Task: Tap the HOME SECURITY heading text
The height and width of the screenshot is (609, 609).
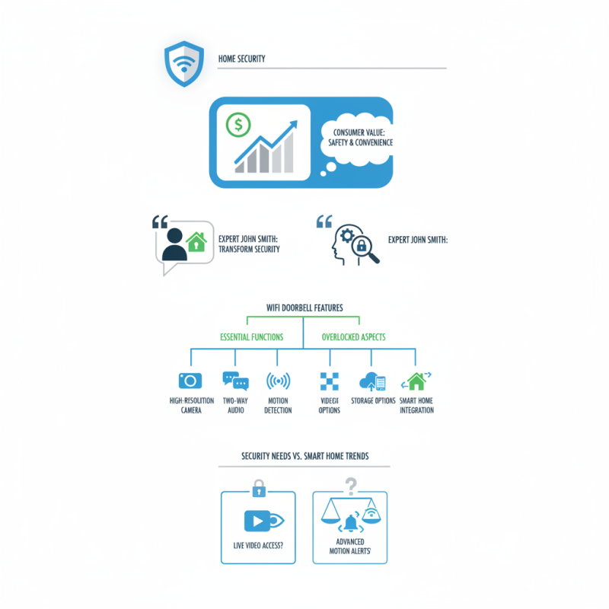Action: pos(241,59)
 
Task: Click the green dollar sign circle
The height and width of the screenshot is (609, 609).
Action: pos(238,125)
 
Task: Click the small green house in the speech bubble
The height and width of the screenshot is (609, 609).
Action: pos(196,241)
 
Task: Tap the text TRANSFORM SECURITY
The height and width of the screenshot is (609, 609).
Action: pos(249,249)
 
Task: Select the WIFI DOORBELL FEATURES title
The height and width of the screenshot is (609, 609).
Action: pos(304,308)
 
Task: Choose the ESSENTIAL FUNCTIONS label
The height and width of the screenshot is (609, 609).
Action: pos(251,336)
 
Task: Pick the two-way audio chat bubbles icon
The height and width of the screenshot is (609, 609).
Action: pos(235,381)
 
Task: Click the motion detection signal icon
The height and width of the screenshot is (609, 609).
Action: pos(278,381)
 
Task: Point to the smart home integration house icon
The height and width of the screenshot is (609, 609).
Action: pos(416,381)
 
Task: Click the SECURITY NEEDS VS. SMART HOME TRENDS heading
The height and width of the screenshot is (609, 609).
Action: pos(304,456)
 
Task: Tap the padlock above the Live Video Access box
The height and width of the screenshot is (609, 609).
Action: pos(258,486)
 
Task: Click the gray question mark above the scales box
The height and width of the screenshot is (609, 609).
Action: pos(351,485)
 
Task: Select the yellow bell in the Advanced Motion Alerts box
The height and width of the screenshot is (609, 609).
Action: pos(351,524)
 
